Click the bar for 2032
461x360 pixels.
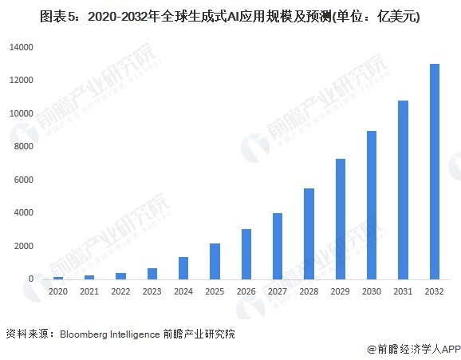pyautogui.click(x=434, y=172)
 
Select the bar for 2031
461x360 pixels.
pyautogui.click(x=403, y=190)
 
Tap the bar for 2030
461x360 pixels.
pyautogui.click(x=372, y=205)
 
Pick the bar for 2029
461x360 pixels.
pyautogui.click(x=340, y=219)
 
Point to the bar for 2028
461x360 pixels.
pyautogui.click(x=309, y=234)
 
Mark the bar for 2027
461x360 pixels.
pyautogui.click(x=278, y=246)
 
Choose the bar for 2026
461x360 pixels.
pyautogui.click(x=246, y=254)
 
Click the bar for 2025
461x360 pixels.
pyautogui.click(x=215, y=261)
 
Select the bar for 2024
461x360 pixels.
pyautogui.click(x=183, y=268)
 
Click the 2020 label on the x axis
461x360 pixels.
pyautogui.click(x=57, y=293)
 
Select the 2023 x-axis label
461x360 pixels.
pyautogui.click(x=152, y=293)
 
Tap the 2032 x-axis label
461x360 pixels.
pyautogui.click(x=434, y=293)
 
